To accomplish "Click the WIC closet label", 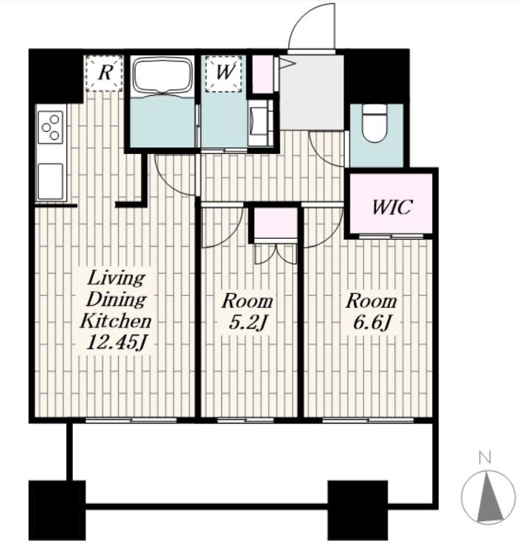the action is pos(391,207).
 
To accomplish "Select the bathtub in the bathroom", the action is pos(163,77).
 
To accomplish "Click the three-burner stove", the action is pos(51,127).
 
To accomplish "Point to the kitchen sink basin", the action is pos(51,181).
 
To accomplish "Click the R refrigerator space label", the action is pos(105,73).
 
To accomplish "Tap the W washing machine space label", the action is pos(224,72).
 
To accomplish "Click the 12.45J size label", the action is pos(116,343).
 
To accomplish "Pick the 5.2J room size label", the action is pos(248,323).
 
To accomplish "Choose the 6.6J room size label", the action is pos(372,323).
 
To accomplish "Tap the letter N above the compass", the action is pos(484,458).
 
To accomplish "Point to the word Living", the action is pos(116,279).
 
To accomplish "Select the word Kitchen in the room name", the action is pos(116,321).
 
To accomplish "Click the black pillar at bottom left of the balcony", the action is pos(57,511).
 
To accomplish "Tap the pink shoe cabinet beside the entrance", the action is pos(262,74).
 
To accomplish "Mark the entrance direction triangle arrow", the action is pos(288,63).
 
